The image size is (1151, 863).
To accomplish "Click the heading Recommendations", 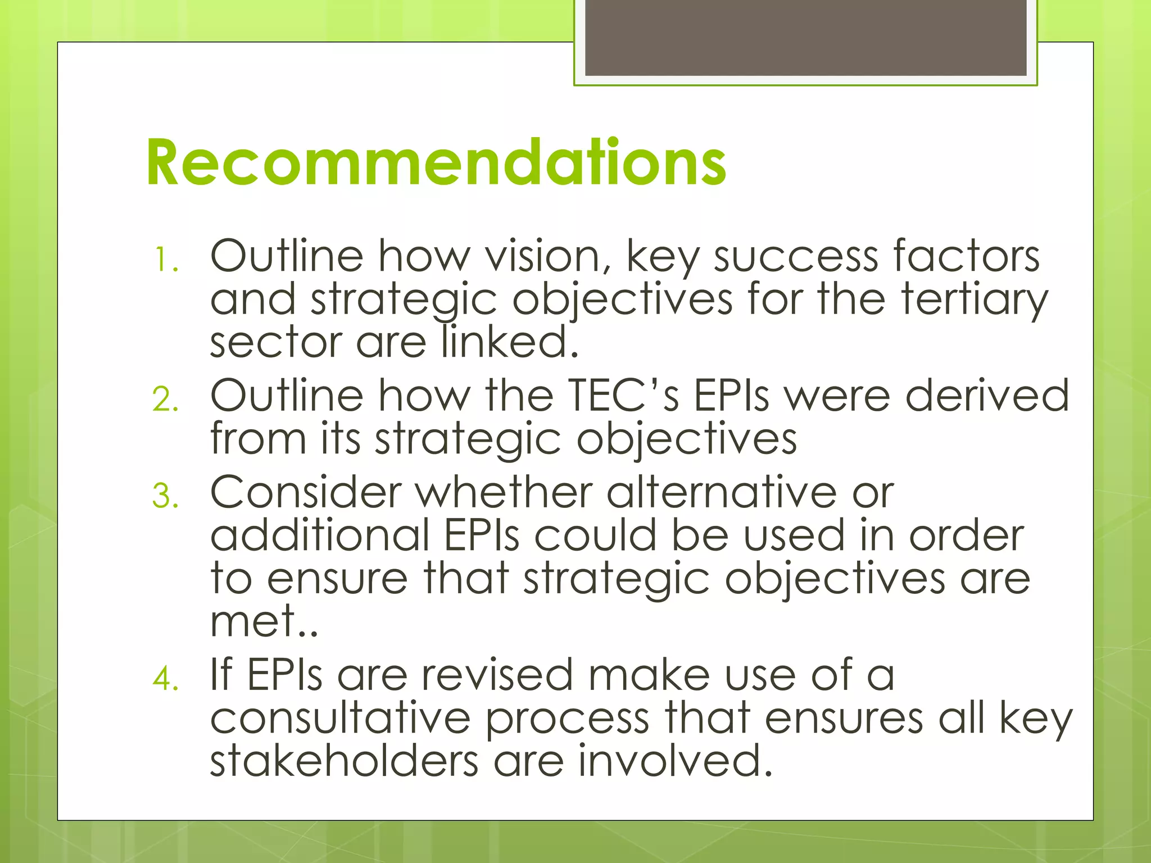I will (436, 162).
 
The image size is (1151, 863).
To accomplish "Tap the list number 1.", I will (166, 260).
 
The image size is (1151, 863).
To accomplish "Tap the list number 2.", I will (165, 399).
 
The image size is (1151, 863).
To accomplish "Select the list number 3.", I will (165, 496).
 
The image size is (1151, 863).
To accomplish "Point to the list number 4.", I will (165, 678).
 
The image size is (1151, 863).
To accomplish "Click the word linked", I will (509, 343).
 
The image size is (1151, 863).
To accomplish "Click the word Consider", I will (306, 492).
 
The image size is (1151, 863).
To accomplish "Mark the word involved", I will (674, 761).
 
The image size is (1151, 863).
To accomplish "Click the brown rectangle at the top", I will (805, 37).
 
